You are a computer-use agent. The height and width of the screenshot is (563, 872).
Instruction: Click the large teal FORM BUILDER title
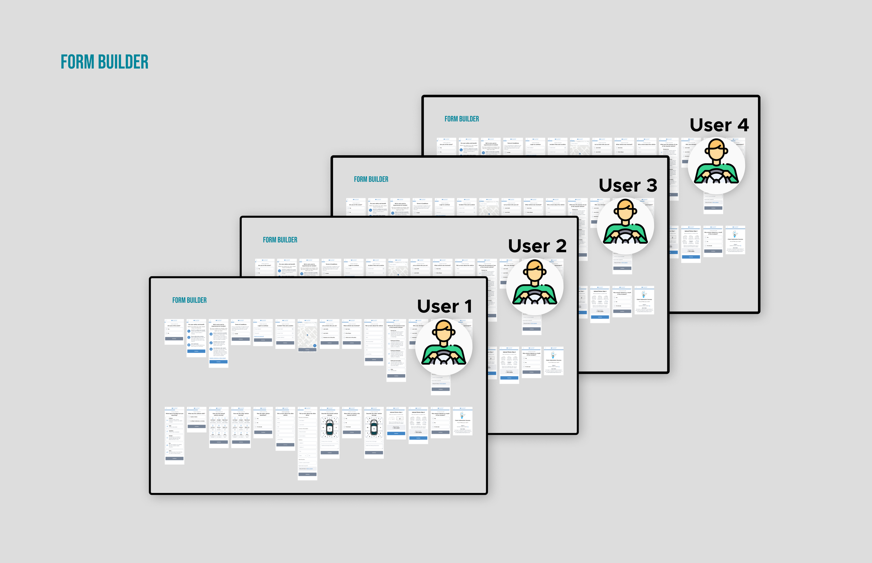[x=104, y=62]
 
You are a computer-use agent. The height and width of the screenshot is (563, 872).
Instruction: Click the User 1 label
[x=444, y=306]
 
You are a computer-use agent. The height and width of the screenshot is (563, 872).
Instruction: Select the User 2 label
[x=537, y=246]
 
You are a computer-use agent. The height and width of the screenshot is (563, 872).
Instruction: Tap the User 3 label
[x=627, y=185]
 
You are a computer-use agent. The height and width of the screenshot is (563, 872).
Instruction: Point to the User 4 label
[x=719, y=125]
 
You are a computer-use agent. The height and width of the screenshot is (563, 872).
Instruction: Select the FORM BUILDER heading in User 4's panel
[x=461, y=119]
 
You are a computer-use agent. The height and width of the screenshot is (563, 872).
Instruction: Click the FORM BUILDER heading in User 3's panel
[x=371, y=179]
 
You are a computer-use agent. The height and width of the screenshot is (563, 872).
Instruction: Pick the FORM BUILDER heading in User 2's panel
[x=280, y=240]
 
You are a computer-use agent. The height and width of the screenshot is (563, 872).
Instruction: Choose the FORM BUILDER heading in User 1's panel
[x=189, y=301]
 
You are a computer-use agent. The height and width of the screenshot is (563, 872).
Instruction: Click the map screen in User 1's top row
[x=307, y=335]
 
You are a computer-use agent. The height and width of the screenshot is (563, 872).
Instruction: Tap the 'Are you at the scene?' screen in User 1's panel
[x=174, y=331]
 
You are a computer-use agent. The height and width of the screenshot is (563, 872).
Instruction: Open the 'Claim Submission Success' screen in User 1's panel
[x=462, y=421]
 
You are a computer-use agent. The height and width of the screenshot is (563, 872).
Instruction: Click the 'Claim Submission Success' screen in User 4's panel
[x=735, y=240]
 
